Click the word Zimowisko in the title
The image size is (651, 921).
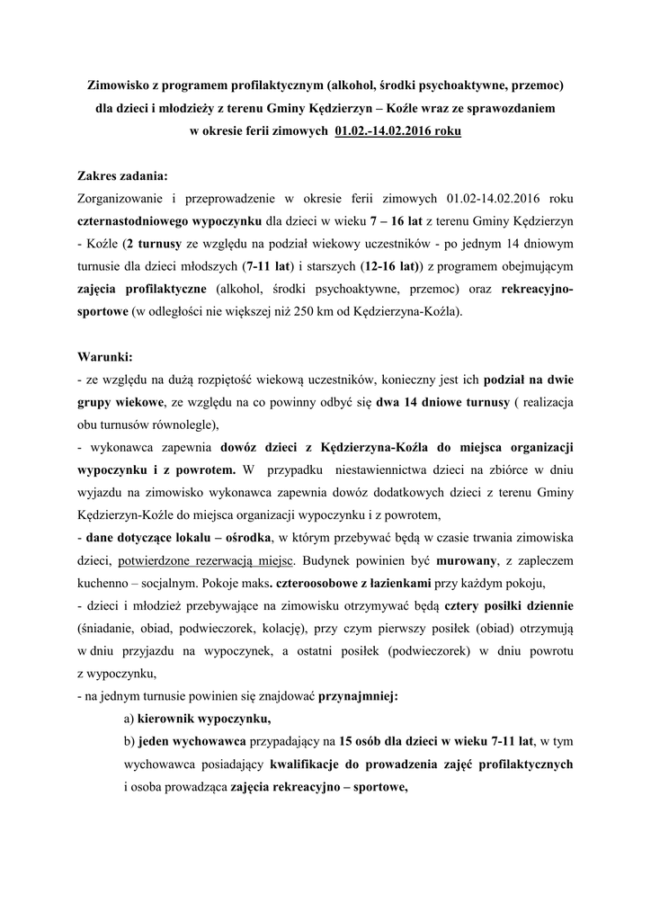tap(117, 86)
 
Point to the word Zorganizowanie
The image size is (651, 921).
tap(124, 199)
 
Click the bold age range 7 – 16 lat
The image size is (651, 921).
tap(397, 221)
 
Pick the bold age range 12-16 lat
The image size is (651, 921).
tap(389, 266)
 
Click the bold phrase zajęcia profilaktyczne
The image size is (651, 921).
tap(143, 289)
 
